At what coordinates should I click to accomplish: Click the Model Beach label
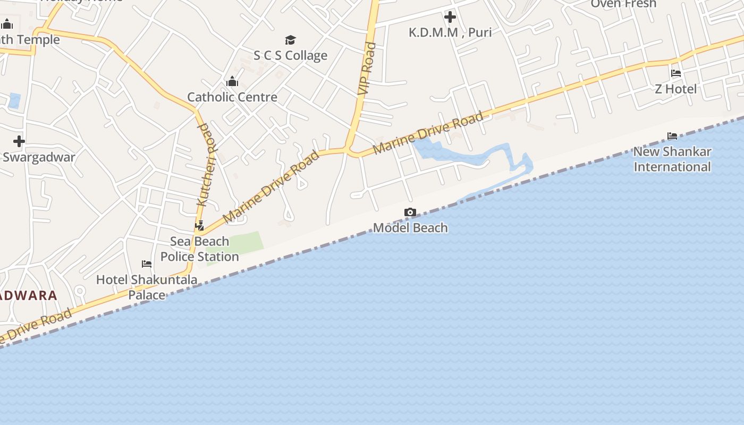coord(410,228)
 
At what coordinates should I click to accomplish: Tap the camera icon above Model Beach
coord(410,212)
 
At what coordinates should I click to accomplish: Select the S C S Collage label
coord(290,55)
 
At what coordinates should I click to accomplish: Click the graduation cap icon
coord(290,40)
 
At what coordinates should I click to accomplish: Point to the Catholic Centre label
coord(232,97)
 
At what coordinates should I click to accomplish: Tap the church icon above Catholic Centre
coord(232,82)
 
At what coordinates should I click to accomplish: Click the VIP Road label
coord(367,69)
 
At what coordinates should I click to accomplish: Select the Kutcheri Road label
coord(206,165)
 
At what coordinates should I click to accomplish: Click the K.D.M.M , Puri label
coord(450,32)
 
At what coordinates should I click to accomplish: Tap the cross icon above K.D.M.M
coord(450,17)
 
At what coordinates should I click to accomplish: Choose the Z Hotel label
coord(675,89)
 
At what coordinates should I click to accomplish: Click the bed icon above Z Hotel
coord(675,73)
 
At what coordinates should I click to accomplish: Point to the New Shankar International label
coord(672,159)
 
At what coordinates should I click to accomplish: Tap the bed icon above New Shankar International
coord(672,136)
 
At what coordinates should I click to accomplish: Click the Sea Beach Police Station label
coord(200,249)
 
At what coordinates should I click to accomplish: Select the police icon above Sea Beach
coord(200,226)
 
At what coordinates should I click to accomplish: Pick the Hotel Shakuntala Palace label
coord(147,287)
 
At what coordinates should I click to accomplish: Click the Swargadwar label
coord(39,157)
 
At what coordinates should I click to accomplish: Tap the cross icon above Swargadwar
coord(19,141)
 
